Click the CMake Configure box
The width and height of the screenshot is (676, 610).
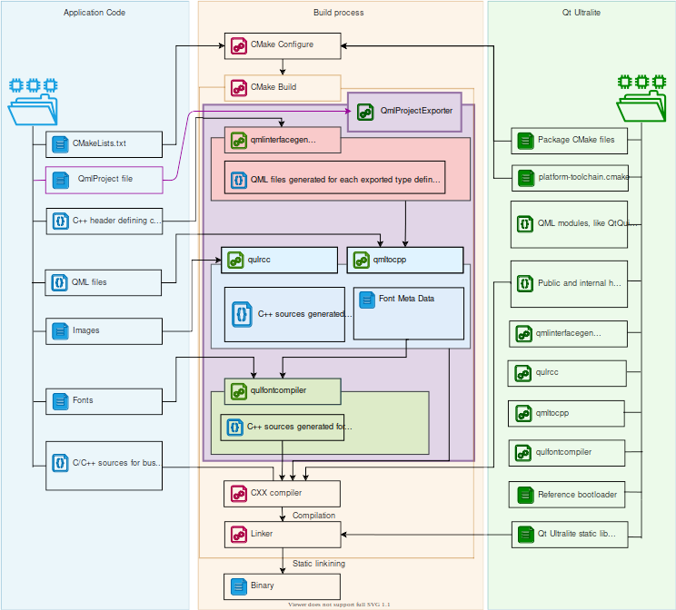click(283, 44)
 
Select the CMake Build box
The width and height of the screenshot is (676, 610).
click(283, 88)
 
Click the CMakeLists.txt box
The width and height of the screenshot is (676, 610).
click(104, 143)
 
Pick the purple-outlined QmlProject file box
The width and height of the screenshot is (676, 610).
click(104, 180)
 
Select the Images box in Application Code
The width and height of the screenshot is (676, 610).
click(104, 330)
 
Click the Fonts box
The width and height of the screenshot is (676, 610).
click(104, 400)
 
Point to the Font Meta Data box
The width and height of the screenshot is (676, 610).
click(408, 313)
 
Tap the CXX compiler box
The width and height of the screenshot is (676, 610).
click(283, 494)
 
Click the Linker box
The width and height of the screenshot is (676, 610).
click(283, 535)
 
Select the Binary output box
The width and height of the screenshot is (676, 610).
click(283, 585)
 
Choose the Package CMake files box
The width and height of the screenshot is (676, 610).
click(569, 140)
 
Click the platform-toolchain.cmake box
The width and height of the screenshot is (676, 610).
click(569, 177)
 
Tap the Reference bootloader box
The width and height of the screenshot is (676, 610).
click(569, 495)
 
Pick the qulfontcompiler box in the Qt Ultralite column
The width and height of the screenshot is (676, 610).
click(566, 452)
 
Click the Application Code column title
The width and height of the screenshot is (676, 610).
click(94, 13)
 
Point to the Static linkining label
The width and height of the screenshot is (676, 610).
click(318, 564)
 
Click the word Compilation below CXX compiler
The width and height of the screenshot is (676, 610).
click(313, 516)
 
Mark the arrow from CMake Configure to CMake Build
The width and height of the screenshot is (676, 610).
click(283, 66)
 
